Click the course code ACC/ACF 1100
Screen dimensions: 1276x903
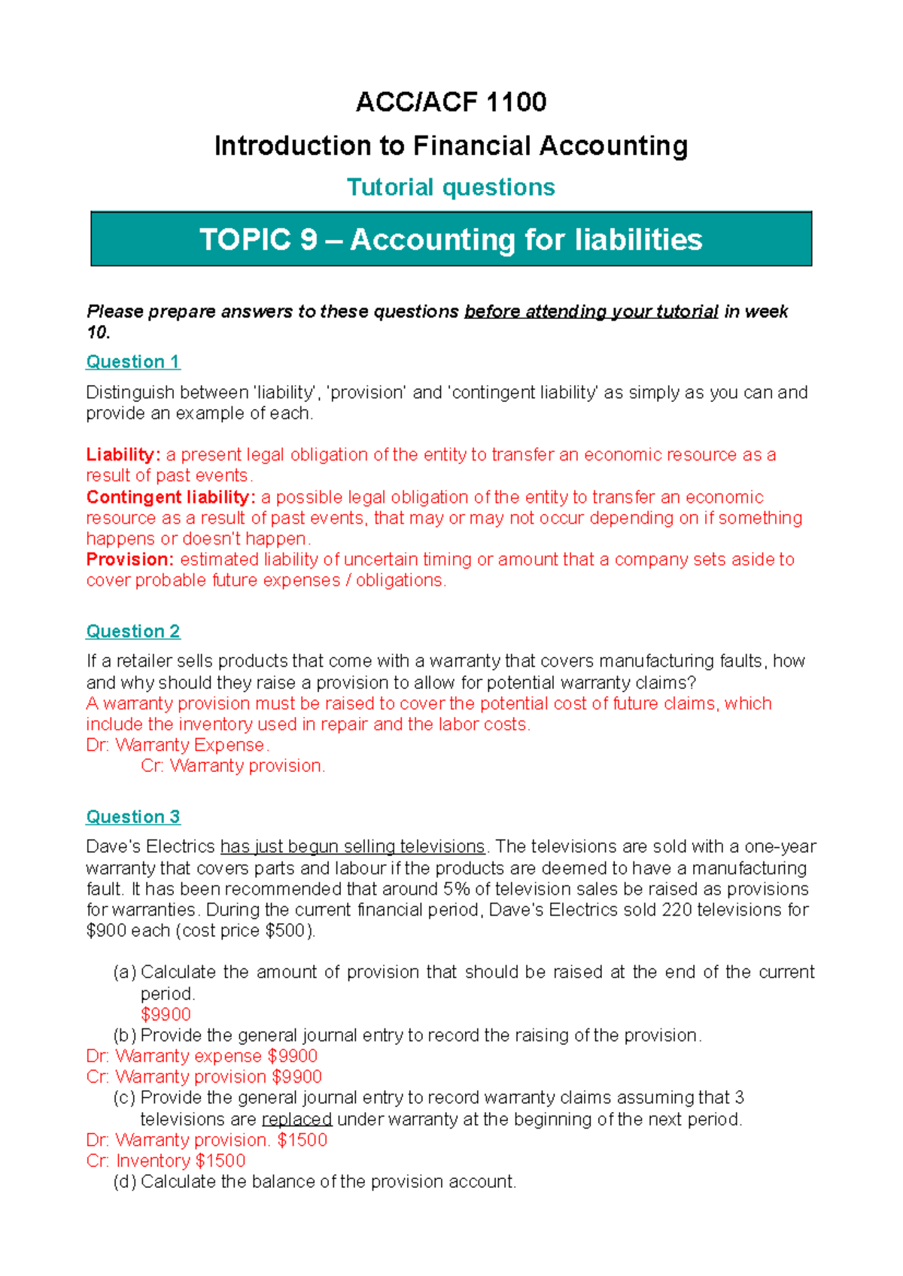(x=451, y=102)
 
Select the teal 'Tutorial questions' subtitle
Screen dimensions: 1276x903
(x=451, y=187)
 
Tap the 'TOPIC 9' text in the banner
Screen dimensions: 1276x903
(x=258, y=240)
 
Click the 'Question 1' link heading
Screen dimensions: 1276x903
(x=133, y=362)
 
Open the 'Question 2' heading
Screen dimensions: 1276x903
(x=133, y=631)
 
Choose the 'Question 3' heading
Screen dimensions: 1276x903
(x=133, y=817)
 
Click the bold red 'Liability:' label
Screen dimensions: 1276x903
(x=123, y=455)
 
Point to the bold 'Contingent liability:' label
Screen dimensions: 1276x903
(x=171, y=497)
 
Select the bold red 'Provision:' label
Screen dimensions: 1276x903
(x=130, y=560)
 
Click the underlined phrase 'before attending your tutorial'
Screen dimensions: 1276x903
(x=591, y=311)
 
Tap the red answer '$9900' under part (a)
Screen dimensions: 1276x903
(x=166, y=1014)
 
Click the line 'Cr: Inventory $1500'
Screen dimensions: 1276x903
(x=166, y=1161)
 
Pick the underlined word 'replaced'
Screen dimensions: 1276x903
(x=296, y=1120)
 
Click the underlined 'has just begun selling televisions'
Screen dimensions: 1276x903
(x=352, y=847)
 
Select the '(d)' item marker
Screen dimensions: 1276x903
(x=125, y=1182)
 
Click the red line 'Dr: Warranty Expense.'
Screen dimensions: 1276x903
(x=178, y=745)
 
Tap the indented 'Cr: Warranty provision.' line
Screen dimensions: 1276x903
(x=233, y=766)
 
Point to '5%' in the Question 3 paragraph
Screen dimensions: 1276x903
(x=456, y=889)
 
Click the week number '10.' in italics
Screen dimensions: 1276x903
(x=98, y=333)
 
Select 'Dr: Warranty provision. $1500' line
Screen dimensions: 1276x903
(x=206, y=1140)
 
